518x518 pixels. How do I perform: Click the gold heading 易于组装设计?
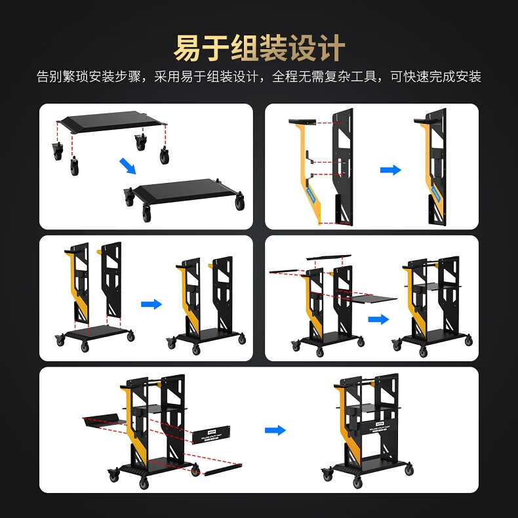point(259,48)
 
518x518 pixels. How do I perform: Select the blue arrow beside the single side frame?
point(390,170)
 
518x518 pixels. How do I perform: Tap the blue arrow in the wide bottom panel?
point(275,430)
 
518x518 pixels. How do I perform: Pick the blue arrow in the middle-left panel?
point(151,304)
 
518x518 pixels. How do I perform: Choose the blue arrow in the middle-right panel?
point(378,319)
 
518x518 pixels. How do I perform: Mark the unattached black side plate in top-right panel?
point(343,167)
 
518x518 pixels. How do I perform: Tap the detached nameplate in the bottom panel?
point(214,436)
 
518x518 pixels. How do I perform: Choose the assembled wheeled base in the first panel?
point(184,195)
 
